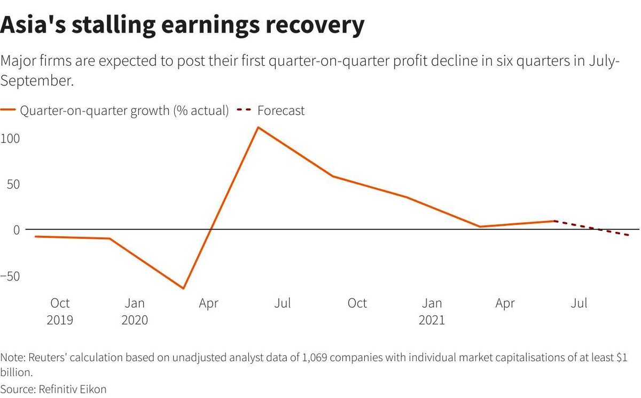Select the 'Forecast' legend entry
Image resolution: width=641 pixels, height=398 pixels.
[x=281, y=111]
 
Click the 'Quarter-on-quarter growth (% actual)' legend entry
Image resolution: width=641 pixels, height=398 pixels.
[x=124, y=111]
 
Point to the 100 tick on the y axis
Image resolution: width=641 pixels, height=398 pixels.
[x=9, y=138]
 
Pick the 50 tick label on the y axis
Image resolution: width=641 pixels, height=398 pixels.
[x=12, y=184]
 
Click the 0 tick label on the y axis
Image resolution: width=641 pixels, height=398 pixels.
[x=16, y=230]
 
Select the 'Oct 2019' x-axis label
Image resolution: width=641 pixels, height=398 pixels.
[x=60, y=311]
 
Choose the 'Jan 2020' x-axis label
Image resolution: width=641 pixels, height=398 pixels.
[x=135, y=311]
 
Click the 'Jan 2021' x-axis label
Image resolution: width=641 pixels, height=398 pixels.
[x=432, y=311]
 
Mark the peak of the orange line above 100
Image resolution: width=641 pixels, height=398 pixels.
[x=258, y=127]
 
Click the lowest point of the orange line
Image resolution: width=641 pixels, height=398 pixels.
[x=184, y=288]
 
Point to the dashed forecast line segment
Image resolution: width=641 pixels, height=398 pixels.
[x=593, y=228]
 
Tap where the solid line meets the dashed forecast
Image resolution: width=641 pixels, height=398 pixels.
[x=556, y=221]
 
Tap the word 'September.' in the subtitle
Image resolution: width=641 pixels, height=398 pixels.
[x=36, y=81]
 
